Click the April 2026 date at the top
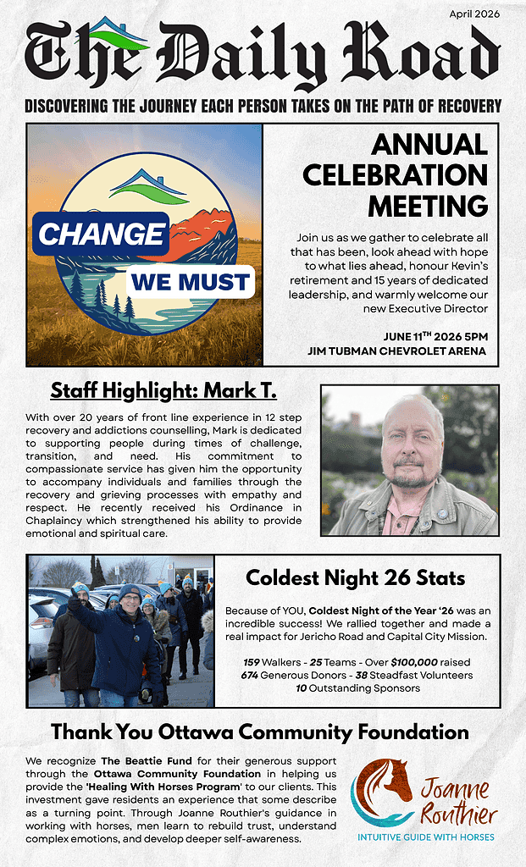(x=473, y=14)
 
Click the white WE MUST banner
(x=190, y=282)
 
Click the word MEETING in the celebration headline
(x=427, y=205)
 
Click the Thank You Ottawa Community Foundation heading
(x=260, y=732)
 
